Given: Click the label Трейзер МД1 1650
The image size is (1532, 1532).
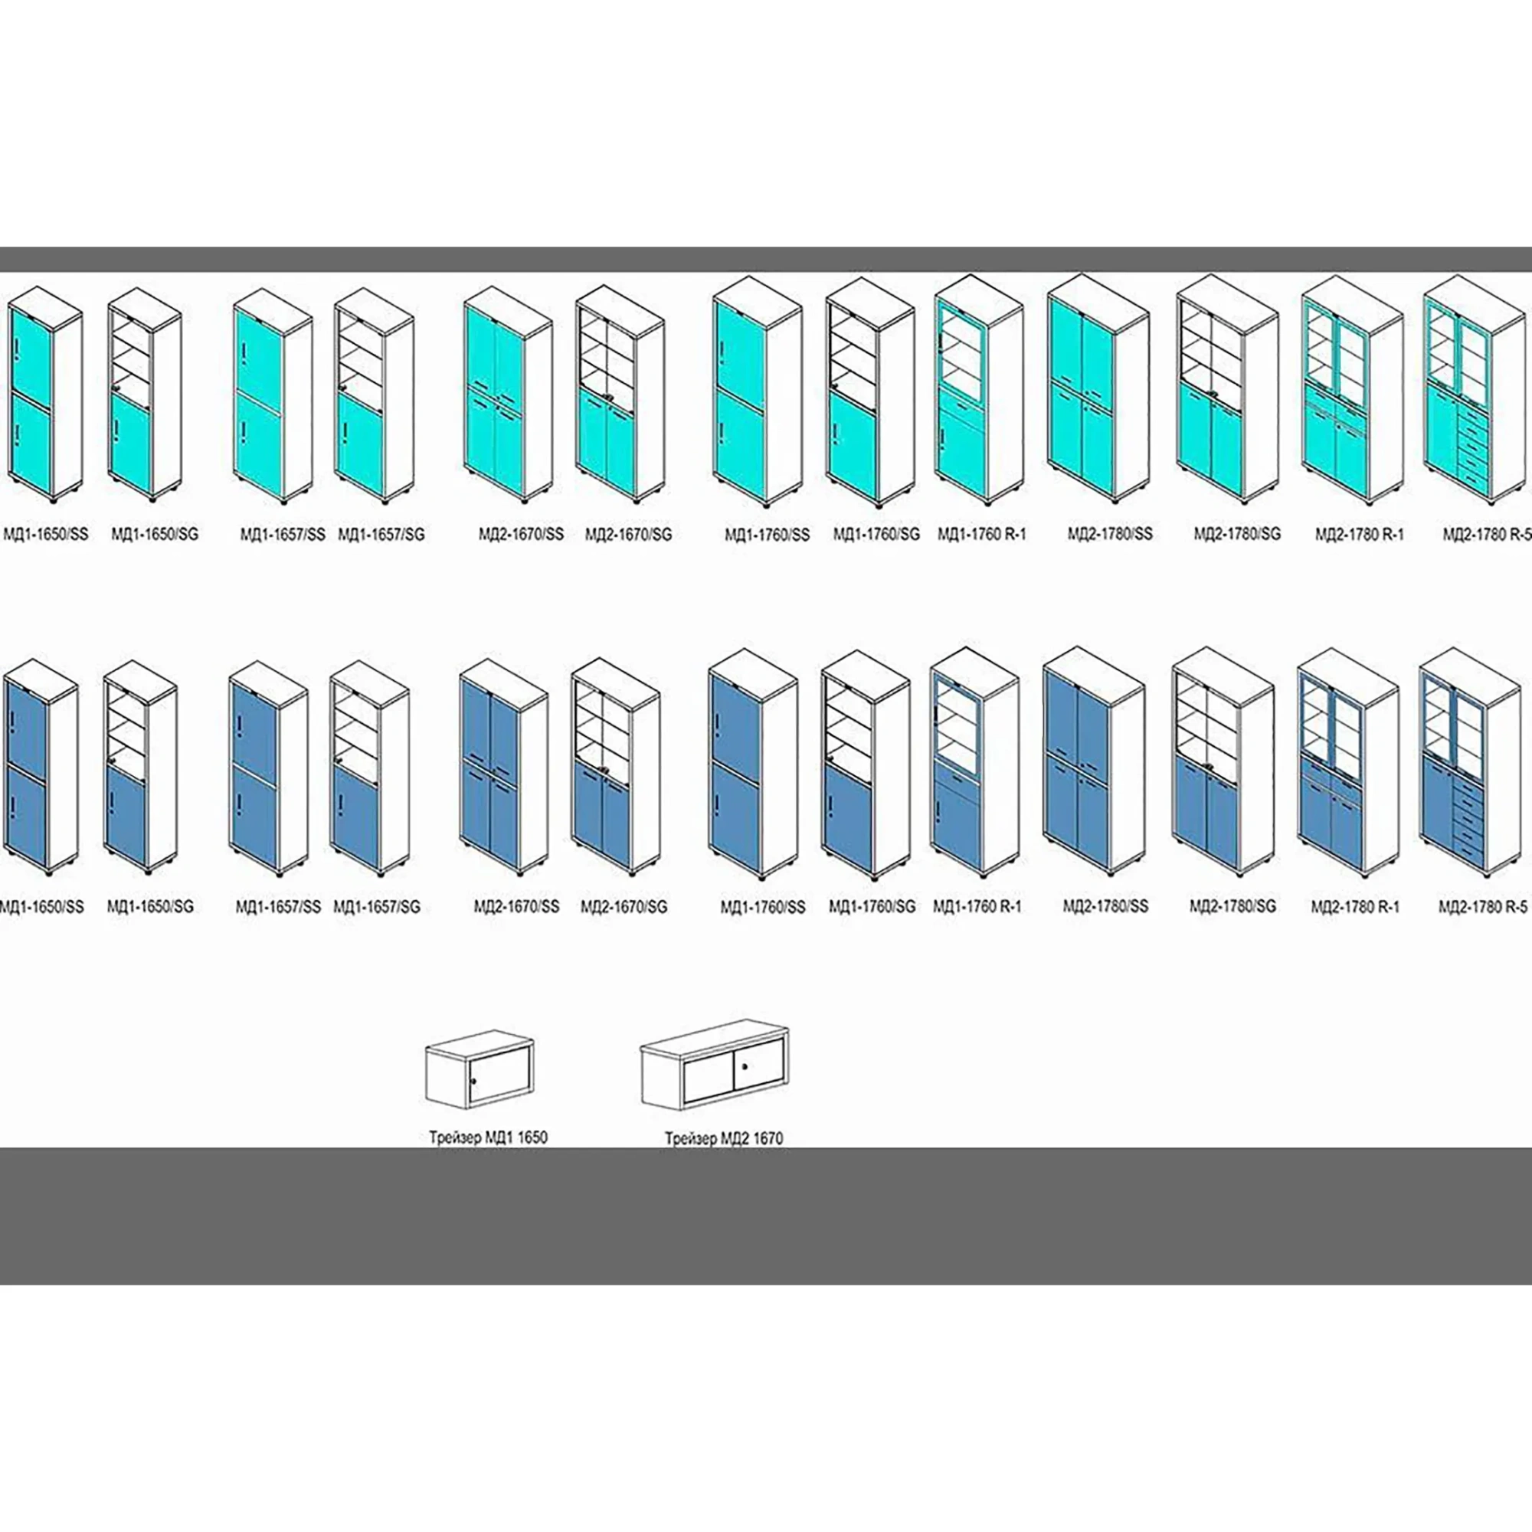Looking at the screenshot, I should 488,1137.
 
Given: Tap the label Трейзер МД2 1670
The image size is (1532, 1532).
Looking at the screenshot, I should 723,1139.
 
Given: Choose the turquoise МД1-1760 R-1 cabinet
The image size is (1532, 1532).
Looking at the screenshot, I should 978,392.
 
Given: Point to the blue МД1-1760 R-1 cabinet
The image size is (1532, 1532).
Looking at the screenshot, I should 974,765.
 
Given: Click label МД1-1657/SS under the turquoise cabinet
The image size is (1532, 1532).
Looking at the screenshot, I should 283,535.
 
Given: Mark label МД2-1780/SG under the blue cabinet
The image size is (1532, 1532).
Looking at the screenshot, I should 1232,905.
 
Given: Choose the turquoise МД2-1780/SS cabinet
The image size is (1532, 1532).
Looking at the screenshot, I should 1098,388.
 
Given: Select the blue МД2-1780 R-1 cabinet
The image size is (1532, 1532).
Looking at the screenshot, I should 1348,765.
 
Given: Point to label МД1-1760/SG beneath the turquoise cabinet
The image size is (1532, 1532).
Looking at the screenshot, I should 876,535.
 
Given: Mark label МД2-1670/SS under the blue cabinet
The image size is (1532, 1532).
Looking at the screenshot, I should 516,905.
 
